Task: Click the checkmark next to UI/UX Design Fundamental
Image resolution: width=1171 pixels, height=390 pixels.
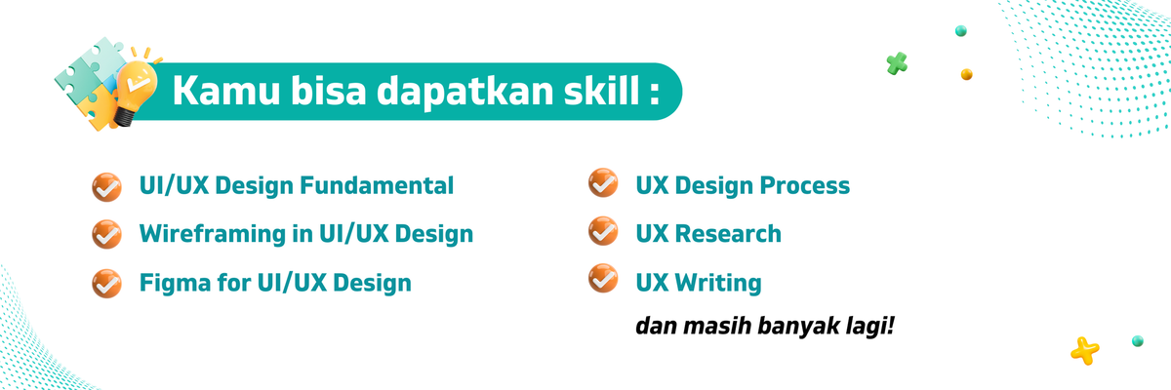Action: point(105,185)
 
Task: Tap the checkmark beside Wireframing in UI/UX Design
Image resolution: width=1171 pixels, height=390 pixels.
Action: point(105,234)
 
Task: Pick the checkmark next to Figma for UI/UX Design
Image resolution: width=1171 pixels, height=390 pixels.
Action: point(105,283)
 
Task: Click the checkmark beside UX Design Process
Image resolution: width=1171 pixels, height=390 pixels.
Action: point(602,183)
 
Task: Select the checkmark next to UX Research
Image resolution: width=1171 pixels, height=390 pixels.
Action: point(602,232)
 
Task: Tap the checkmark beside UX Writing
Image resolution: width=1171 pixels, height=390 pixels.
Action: point(602,281)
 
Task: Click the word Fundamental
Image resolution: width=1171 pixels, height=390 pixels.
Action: point(389,185)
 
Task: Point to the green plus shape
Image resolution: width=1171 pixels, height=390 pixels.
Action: point(897,64)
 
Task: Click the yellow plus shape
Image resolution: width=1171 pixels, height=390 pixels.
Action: point(1084,349)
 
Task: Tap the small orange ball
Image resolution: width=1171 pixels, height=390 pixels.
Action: point(966,73)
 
